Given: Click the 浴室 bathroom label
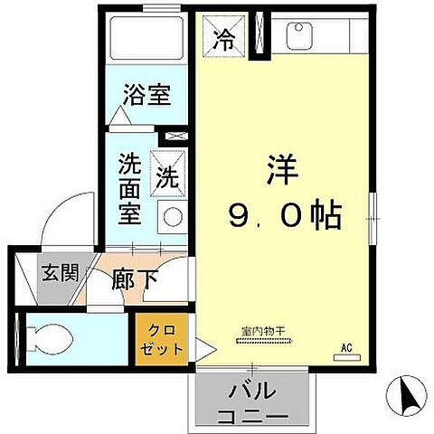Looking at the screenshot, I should (x=147, y=95).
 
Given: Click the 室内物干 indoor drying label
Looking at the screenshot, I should (x=263, y=332).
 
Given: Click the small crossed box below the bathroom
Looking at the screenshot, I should (x=177, y=135).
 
